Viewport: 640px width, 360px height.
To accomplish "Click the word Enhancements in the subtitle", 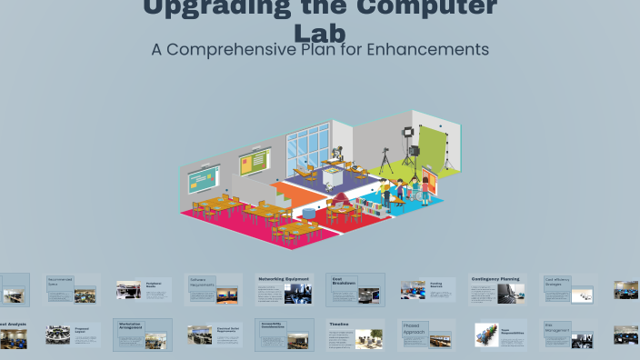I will (x=426, y=49).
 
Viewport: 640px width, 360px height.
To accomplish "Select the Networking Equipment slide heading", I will (x=284, y=279).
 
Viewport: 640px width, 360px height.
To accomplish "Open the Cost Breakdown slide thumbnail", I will (x=355, y=290).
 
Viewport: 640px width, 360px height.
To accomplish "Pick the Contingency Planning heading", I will (x=495, y=279).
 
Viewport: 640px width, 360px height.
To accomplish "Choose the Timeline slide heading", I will (x=339, y=324).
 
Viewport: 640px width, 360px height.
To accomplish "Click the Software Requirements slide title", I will (x=203, y=282).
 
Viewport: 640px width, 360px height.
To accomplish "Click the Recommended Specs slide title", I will (x=60, y=282).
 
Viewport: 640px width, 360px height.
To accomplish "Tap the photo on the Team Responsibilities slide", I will (x=488, y=335).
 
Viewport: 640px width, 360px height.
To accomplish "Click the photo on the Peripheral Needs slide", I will (x=128, y=290).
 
